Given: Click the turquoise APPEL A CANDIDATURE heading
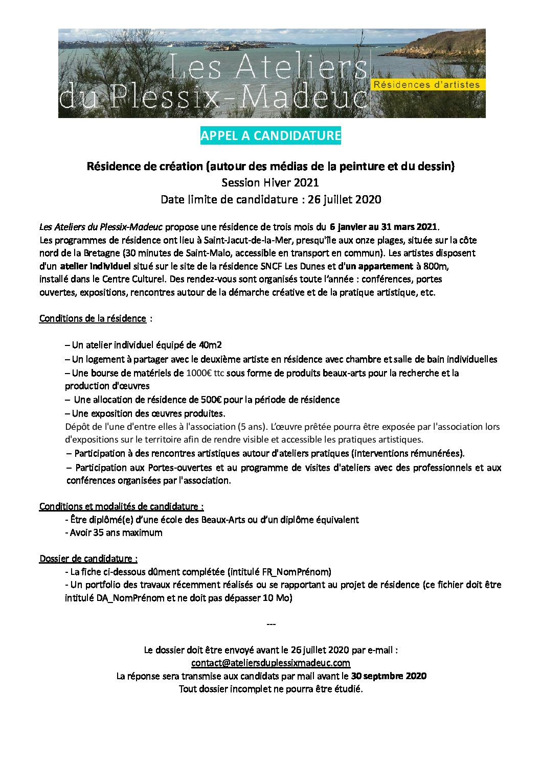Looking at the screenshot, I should (270, 136).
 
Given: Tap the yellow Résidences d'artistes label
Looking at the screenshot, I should (426, 85).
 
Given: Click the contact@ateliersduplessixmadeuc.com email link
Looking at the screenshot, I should (270, 663).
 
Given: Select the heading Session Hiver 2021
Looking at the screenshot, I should (270, 182).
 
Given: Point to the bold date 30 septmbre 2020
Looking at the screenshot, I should (389, 676).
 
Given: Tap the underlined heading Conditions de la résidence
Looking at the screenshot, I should (93, 318).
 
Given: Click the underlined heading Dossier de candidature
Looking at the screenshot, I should (88, 559).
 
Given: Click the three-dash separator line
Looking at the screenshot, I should (271, 624).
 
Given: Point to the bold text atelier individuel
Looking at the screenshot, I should (95, 266).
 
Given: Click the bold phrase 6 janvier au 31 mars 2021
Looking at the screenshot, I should (384, 226).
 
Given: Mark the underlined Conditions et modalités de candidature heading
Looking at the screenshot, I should (121, 506).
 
